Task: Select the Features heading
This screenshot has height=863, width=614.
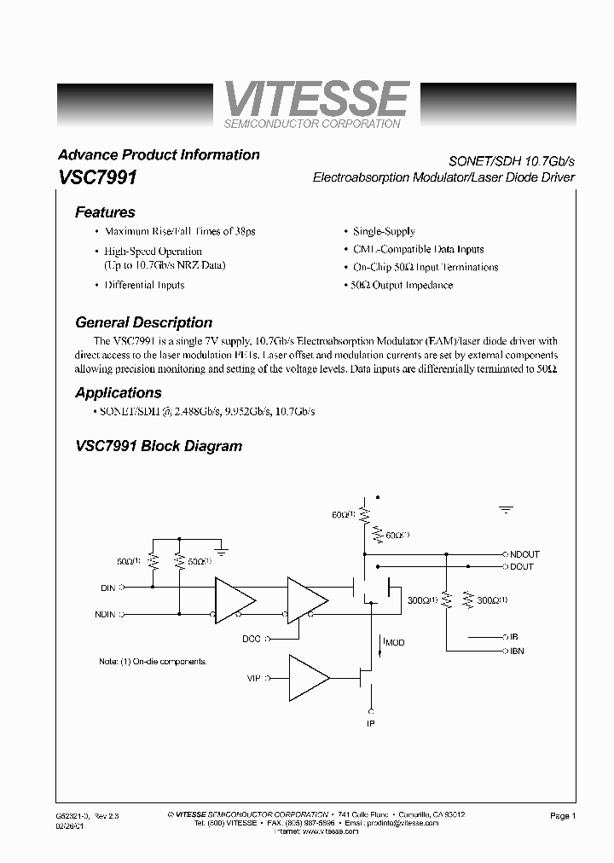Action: click(105, 212)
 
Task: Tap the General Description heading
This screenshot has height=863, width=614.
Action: click(143, 322)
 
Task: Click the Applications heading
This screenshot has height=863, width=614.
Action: click(118, 393)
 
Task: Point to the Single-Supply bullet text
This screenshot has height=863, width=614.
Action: click(384, 231)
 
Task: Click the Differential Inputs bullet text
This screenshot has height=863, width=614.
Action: click(144, 285)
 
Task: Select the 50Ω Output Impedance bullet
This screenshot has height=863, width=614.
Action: click(402, 285)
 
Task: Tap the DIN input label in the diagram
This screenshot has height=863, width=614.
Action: click(107, 587)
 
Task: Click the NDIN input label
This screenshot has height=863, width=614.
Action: click(105, 614)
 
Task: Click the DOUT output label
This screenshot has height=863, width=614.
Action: click(521, 566)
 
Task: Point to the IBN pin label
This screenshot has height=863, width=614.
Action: click(518, 651)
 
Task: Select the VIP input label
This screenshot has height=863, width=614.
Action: click(253, 679)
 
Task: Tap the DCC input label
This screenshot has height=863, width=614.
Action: click(252, 638)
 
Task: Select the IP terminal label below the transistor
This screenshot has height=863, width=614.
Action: click(371, 723)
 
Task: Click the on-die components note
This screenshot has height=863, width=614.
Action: click(153, 661)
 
